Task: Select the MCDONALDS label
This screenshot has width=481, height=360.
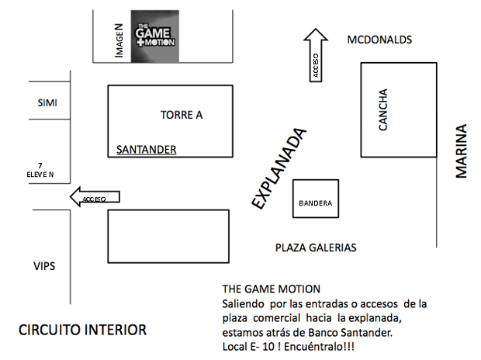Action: tap(379, 40)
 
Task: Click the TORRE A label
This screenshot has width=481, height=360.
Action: tap(182, 115)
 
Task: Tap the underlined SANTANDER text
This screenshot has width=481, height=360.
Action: tap(147, 150)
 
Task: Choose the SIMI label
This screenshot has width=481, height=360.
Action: tap(48, 103)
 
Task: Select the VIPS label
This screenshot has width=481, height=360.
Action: tap(44, 266)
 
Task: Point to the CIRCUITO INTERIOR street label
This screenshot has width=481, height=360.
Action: tap(82, 330)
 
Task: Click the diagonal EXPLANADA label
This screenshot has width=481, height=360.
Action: tap(279, 168)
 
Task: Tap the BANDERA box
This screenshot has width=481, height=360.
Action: tap(315, 204)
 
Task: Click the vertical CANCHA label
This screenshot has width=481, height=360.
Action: tap(382, 110)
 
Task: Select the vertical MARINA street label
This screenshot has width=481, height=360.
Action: tap(462, 151)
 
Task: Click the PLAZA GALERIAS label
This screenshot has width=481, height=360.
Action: tap(316, 247)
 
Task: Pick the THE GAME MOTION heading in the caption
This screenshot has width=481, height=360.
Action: tap(271, 289)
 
